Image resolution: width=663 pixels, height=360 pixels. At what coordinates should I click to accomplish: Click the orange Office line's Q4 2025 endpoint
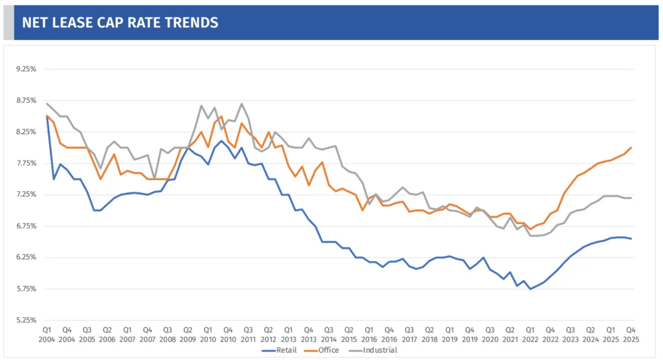(x=631, y=148)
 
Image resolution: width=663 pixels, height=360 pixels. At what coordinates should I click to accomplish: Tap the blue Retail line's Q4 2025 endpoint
(x=631, y=239)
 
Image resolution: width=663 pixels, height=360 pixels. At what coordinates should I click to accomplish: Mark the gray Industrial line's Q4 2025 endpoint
(x=631, y=197)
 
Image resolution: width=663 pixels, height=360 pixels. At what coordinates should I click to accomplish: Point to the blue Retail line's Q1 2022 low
(x=530, y=289)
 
